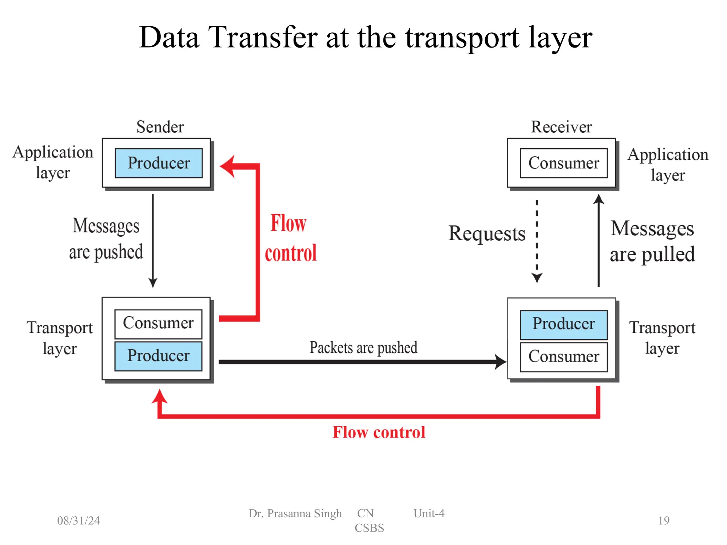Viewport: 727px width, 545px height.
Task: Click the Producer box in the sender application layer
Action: pyautogui.click(x=159, y=163)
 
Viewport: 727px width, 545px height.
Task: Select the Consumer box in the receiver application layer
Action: pyautogui.click(x=563, y=163)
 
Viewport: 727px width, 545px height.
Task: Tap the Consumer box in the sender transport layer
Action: pyautogui.click(x=158, y=324)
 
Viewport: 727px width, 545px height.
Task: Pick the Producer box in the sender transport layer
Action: pyautogui.click(x=158, y=356)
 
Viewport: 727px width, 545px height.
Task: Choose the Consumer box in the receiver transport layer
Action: pyautogui.click(x=563, y=357)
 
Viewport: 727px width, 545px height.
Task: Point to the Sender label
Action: pyautogui.click(x=160, y=127)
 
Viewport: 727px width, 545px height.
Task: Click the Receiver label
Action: pyautogui.click(x=561, y=127)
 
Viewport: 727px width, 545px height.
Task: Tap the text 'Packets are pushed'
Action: pyautogui.click(x=363, y=348)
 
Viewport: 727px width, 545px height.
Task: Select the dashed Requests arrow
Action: pyautogui.click(x=537, y=241)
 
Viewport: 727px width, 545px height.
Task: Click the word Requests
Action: pyautogui.click(x=487, y=234)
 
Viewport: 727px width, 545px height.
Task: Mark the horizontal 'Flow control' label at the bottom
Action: pyautogui.click(x=379, y=433)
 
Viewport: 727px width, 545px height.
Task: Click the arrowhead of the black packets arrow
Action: pyautogui.click(x=501, y=362)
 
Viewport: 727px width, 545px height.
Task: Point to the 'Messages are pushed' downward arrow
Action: pyautogui.click(x=153, y=241)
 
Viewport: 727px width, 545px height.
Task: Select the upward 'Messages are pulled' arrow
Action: pyautogui.click(x=599, y=241)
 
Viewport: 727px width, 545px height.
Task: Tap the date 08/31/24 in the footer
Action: pyautogui.click(x=78, y=521)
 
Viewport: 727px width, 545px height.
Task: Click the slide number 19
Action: pyautogui.click(x=663, y=521)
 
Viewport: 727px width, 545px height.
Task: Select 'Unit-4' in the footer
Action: pyautogui.click(x=429, y=513)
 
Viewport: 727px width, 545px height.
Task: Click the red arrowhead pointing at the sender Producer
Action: pyautogui.click(x=228, y=166)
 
